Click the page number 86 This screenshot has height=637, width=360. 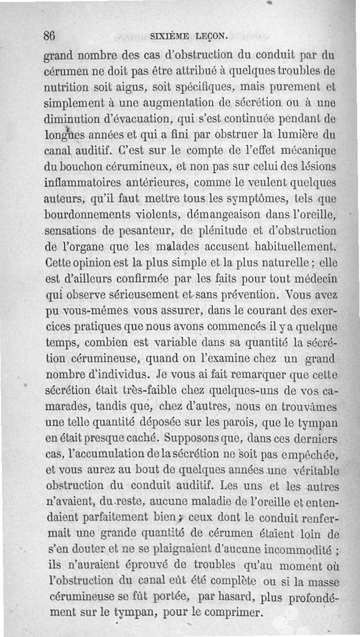pyautogui.click(x=49, y=36)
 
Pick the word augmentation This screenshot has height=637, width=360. pyautogui.click(x=182, y=104)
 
